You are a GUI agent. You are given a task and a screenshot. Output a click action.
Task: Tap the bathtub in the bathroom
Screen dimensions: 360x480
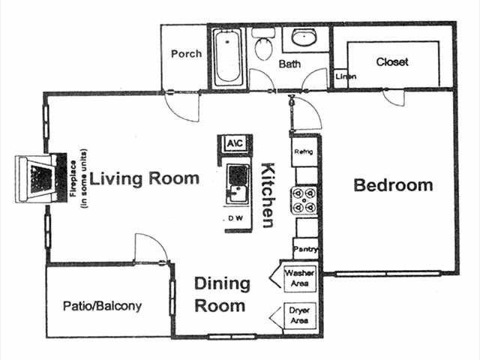[226, 58]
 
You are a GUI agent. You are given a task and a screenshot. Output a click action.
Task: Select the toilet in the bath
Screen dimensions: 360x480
[263, 47]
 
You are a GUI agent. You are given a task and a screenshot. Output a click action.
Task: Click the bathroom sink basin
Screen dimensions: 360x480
[304, 38]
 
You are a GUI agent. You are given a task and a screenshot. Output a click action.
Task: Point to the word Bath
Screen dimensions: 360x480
[289, 64]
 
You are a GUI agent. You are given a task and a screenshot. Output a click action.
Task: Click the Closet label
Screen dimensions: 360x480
[392, 62]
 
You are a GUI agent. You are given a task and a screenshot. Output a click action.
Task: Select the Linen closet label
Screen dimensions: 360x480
[345, 77]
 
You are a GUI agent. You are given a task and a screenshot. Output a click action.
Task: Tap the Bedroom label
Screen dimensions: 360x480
[393, 185]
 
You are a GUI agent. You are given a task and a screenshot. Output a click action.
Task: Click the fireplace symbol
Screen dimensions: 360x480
[37, 178]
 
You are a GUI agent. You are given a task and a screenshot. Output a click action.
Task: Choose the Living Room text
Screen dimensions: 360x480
[145, 178]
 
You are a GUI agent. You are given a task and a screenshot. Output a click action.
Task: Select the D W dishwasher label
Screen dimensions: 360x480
[235, 219]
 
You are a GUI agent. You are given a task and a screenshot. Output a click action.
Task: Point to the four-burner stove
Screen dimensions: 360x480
[307, 200]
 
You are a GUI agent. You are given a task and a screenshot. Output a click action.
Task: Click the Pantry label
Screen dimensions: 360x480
[306, 249]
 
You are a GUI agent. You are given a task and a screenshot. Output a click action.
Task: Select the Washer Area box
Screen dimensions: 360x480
[300, 278]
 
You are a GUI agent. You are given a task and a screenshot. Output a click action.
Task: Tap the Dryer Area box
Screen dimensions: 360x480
[300, 315]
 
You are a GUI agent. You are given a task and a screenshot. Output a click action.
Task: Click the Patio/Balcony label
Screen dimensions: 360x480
[102, 306]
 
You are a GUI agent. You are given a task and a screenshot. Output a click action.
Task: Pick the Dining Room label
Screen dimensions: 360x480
[222, 294]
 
